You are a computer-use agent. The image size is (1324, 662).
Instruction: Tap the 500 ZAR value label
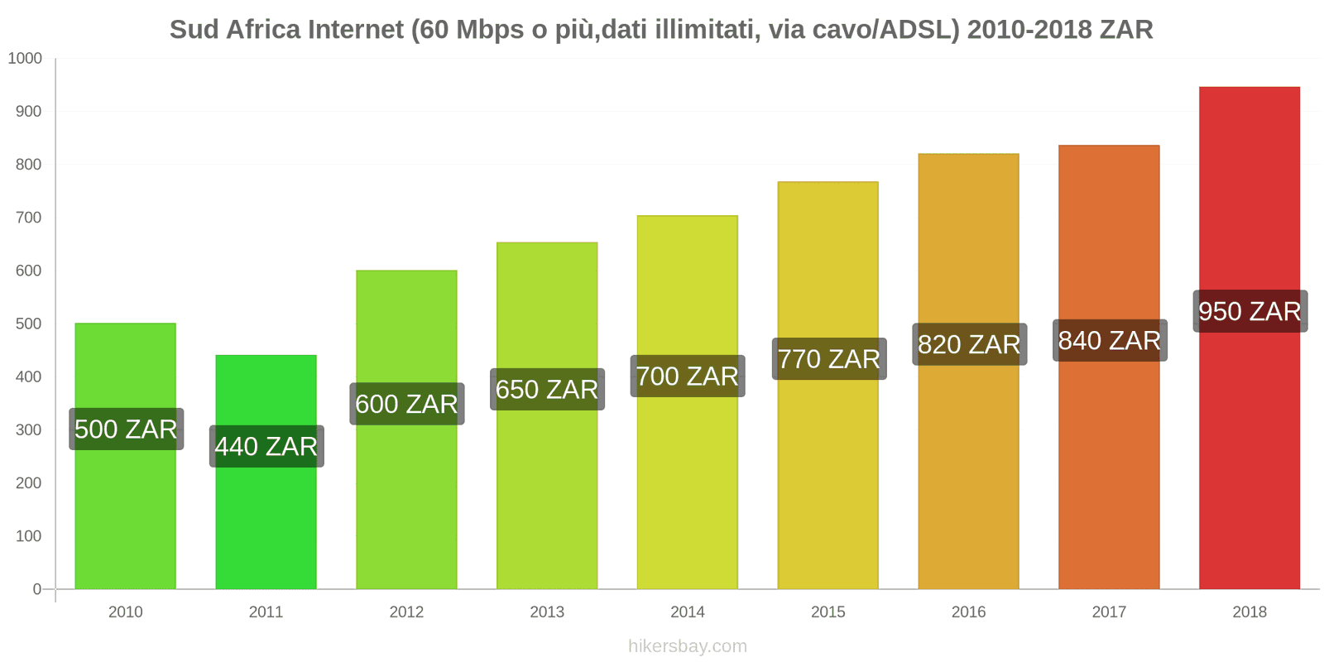click(126, 429)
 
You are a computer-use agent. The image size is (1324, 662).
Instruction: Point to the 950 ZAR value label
click(1250, 311)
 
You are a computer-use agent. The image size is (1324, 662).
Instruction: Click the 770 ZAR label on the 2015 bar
click(828, 359)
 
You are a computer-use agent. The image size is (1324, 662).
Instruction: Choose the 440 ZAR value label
click(266, 446)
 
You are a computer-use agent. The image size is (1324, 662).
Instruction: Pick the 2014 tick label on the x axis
click(688, 612)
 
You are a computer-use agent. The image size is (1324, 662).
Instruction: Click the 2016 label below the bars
click(968, 612)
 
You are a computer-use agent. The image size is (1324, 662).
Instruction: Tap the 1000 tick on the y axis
click(25, 58)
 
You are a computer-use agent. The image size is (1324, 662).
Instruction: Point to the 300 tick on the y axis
click(28, 429)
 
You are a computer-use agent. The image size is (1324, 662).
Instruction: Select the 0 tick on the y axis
click(36, 589)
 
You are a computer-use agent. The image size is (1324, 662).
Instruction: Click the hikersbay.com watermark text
click(688, 645)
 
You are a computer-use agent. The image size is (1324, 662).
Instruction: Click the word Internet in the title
click(355, 30)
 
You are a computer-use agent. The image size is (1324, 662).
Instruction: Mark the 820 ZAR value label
click(969, 344)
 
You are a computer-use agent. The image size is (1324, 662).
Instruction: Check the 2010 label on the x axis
click(126, 612)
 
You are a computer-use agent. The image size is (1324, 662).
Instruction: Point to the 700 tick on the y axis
click(28, 218)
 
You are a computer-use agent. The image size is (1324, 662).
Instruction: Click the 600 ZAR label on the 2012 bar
click(406, 404)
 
